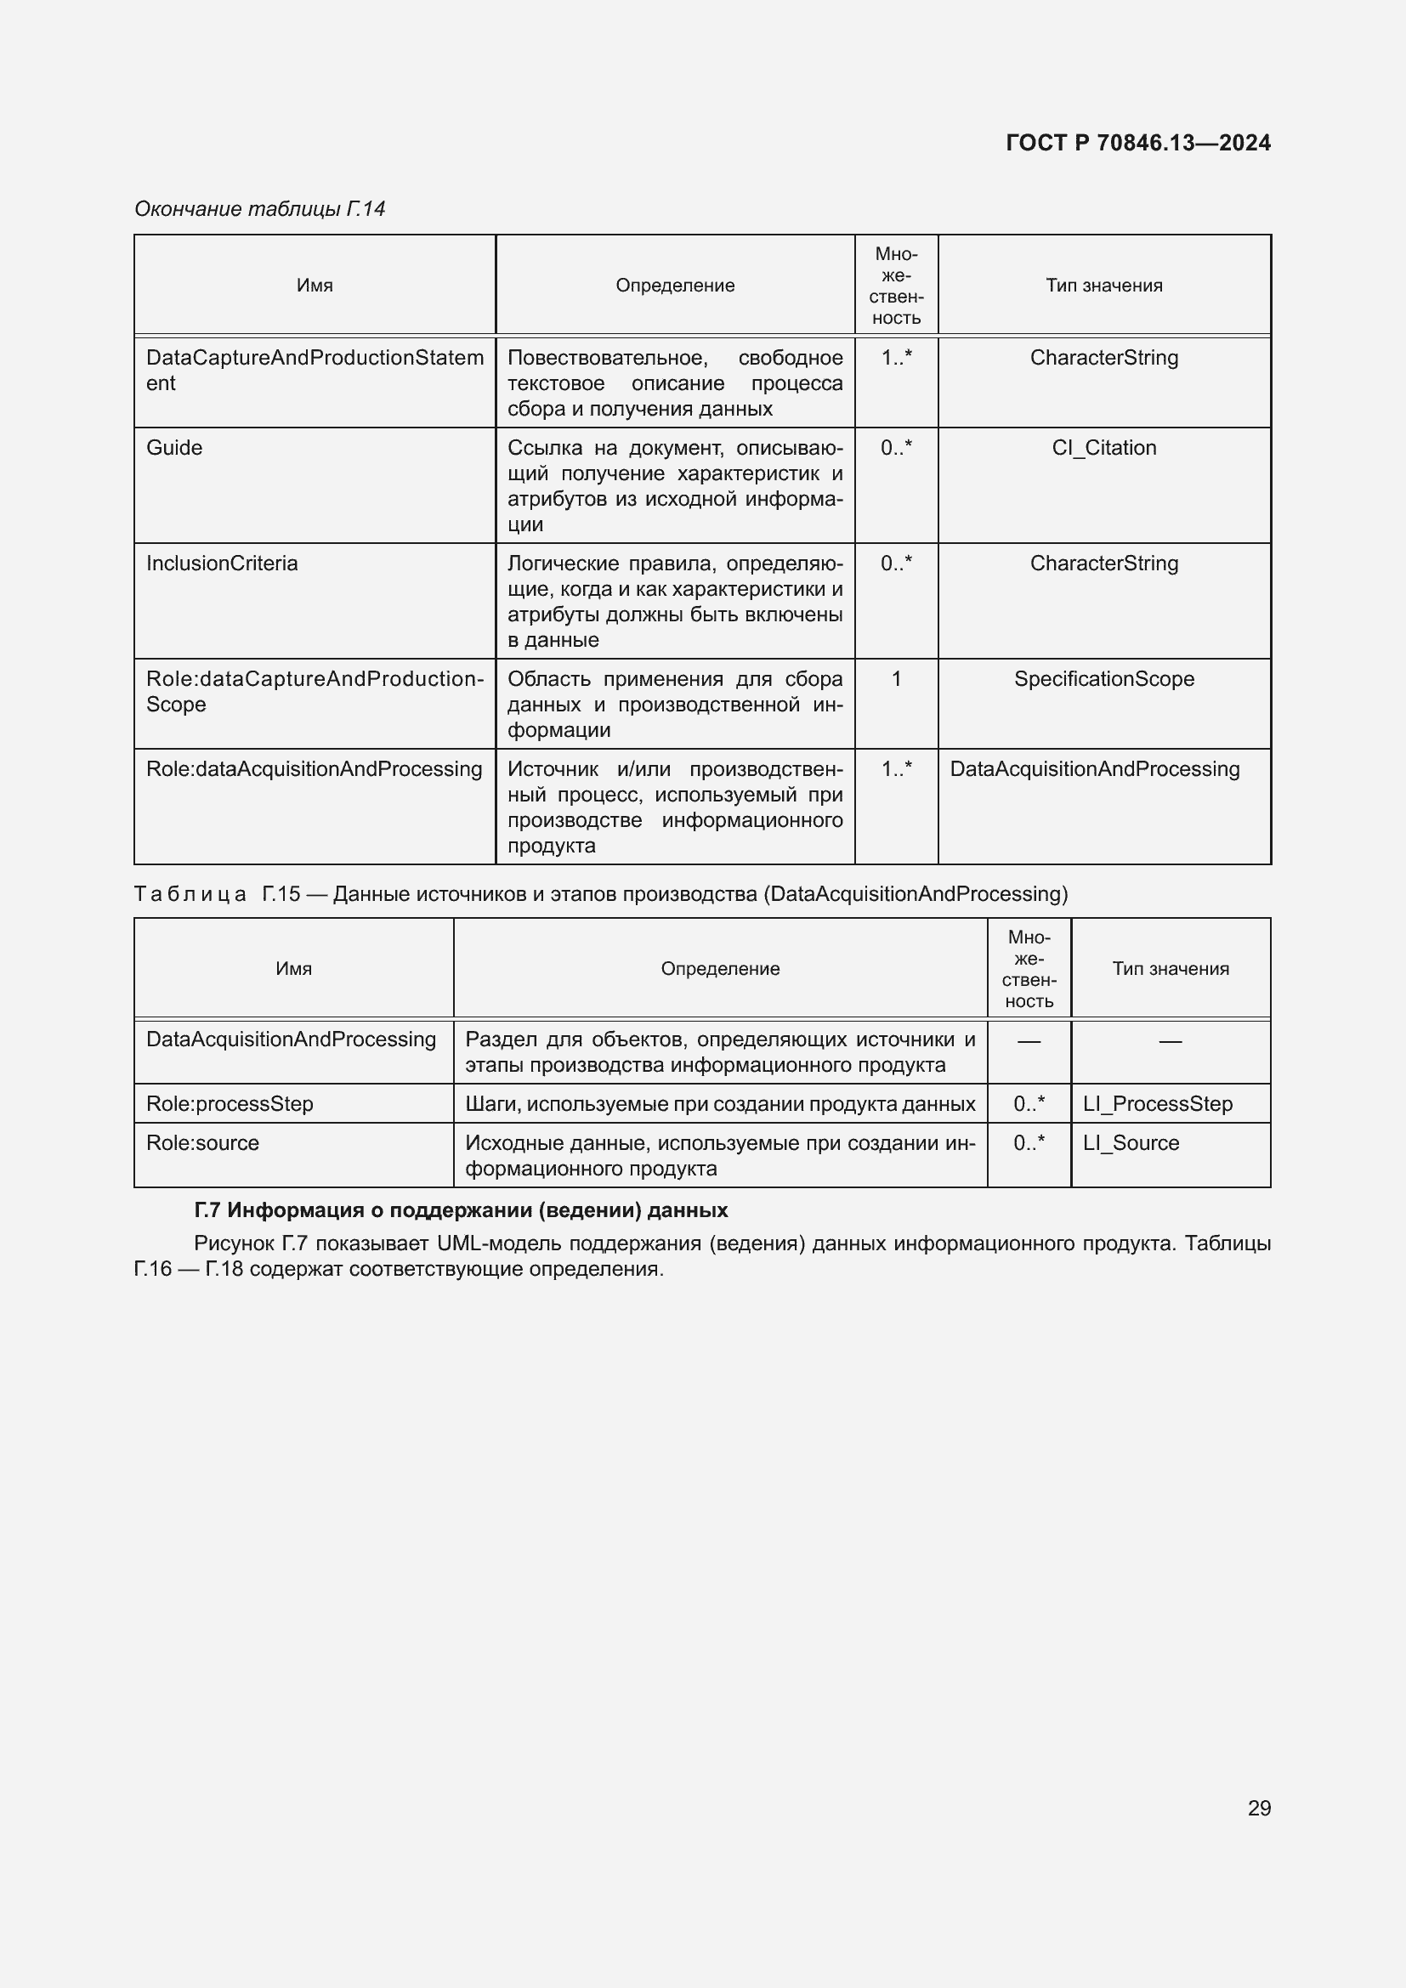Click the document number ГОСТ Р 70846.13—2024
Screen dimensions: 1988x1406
[x=1137, y=143]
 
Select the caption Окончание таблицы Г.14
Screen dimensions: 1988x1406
[x=259, y=209]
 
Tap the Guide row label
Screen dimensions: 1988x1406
[x=174, y=448]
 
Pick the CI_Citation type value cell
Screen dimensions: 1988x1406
[x=1104, y=448]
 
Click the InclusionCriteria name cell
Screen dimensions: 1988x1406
[x=222, y=564]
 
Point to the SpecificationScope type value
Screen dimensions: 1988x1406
[x=1104, y=679]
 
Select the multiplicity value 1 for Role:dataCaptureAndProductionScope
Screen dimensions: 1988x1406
[x=896, y=679]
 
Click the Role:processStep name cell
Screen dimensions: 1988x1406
[x=230, y=1104]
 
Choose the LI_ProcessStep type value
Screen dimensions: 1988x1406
[x=1158, y=1104]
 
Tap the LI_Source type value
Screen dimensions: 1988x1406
[x=1131, y=1143]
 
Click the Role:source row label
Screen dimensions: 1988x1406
[x=202, y=1143]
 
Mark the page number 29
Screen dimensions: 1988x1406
[x=1259, y=1808]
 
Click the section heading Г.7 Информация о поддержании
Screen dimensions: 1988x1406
[x=461, y=1209]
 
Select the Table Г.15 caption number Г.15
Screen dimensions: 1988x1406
[x=281, y=893]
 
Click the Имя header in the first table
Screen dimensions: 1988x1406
[x=315, y=286]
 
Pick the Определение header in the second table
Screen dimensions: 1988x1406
[x=719, y=969]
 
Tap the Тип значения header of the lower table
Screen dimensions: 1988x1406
[x=1171, y=969]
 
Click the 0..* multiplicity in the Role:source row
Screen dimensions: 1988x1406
[x=1029, y=1143]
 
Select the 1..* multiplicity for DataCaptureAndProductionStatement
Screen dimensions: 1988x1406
[x=896, y=358]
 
